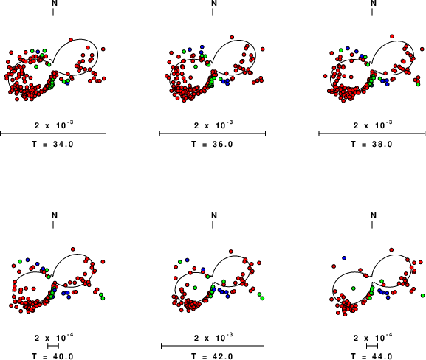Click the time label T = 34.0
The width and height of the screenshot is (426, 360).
click(52, 144)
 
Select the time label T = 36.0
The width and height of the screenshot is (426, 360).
click(212, 144)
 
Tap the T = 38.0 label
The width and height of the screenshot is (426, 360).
click(371, 144)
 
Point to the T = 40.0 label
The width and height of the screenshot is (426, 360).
click(52, 356)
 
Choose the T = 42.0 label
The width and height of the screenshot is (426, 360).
click(212, 356)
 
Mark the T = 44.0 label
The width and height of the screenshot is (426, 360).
click(371, 356)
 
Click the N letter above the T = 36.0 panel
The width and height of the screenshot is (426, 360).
click(214, 3)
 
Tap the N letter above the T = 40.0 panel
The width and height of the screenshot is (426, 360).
click(55, 215)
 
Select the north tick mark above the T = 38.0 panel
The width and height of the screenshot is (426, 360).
click(372, 13)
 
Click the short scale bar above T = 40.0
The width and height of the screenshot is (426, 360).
click(53, 346)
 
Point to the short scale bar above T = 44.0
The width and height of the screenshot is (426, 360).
click(372, 346)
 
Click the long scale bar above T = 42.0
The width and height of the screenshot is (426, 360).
click(213, 346)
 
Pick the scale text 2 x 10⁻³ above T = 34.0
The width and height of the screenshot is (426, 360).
click(54, 125)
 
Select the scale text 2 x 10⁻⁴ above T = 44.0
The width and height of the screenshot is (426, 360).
click(373, 338)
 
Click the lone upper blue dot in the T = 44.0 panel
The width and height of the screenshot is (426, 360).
click(344, 257)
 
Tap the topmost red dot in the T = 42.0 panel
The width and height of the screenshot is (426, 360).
click(230, 252)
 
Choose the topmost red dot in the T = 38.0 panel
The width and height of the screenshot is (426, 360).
click(392, 36)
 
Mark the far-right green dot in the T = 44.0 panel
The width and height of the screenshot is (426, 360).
click(423, 295)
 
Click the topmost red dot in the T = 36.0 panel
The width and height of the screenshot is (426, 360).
click(232, 37)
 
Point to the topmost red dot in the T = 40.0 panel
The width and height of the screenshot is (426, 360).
click(72, 249)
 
